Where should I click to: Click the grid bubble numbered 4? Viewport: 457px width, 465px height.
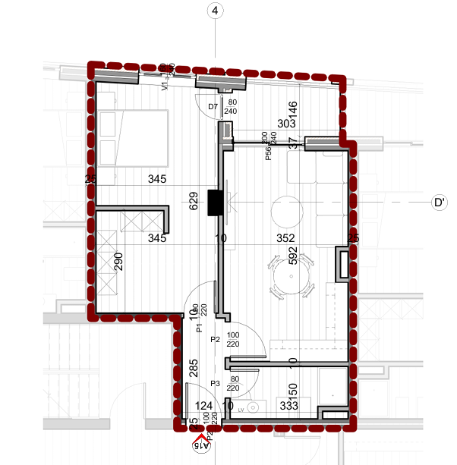pos(216,11)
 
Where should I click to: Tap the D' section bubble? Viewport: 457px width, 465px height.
pos(438,203)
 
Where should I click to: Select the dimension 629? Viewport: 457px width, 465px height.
pos(194,201)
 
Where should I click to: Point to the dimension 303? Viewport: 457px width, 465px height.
pos(265,124)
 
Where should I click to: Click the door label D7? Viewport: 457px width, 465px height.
pos(213,107)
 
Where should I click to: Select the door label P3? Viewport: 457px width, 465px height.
pos(215,383)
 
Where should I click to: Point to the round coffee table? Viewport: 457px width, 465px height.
pos(287,210)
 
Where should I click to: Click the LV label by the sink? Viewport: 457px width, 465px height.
pos(241,408)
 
